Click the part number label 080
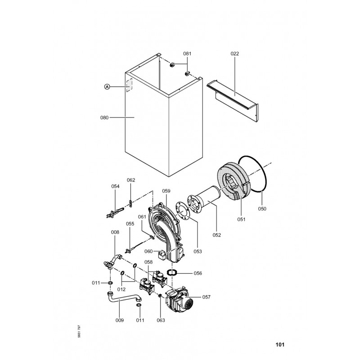[x=104, y=118]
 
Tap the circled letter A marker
[x=107, y=86]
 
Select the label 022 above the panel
[x=234, y=54]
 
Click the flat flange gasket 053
[x=183, y=211]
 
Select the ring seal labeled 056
[x=172, y=273]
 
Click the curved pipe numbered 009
[x=121, y=299]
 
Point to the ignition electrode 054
[x=115, y=212]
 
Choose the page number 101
[x=280, y=344]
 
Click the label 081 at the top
[x=187, y=54]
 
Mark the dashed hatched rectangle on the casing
[x=129, y=85]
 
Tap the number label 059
[x=166, y=191]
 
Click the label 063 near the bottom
[x=161, y=320]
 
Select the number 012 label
[x=121, y=289]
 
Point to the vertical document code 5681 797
[x=79, y=331]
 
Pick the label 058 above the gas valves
[x=148, y=262]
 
